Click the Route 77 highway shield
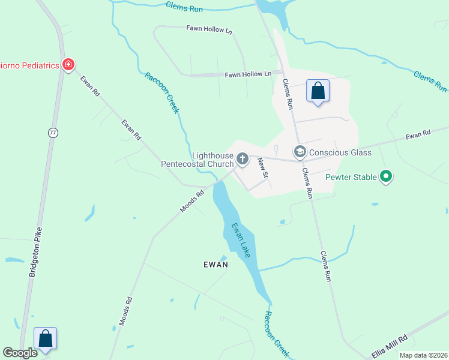[53, 133]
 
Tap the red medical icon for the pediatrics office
[68, 64]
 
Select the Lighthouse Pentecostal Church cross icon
[243, 159]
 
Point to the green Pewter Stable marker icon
[387, 177]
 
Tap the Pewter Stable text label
[351, 177]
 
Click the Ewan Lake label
[241, 241]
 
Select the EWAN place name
[215, 264]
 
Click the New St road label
[262, 167]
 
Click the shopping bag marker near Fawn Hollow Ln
[318, 91]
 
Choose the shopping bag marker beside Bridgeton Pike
[46, 338]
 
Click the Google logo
[20, 353]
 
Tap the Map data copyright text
[423, 355]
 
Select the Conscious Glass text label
[340, 152]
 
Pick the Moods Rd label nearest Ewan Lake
[192, 202]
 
